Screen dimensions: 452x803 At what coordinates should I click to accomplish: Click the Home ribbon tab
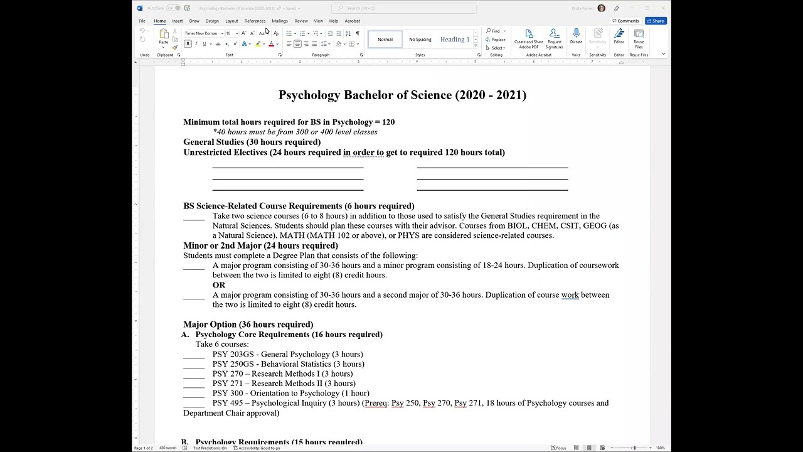point(160,21)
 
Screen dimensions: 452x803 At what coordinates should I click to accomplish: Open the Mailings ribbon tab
point(279,21)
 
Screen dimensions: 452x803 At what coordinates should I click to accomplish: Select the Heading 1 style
point(454,40)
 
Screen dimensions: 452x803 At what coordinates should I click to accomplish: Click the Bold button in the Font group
point(188,44)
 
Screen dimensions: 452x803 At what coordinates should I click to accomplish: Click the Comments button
point(625,21)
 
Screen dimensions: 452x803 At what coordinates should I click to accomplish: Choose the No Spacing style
point(420,40)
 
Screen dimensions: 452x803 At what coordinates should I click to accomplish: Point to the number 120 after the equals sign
point(388,122)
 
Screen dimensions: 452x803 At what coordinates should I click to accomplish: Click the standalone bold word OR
point(218,285)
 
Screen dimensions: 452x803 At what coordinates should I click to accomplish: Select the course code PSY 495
point(227,403)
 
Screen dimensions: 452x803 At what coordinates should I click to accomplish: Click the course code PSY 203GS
point(233,354)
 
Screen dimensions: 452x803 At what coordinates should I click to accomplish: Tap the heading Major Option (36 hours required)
point(248,325)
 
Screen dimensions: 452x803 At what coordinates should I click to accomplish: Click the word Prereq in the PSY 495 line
point(376,403)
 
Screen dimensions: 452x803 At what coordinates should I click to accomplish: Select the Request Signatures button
point(554,39)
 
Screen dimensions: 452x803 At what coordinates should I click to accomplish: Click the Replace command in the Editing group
point(496,40)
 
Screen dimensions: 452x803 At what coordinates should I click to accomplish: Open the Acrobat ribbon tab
point(352,21)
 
